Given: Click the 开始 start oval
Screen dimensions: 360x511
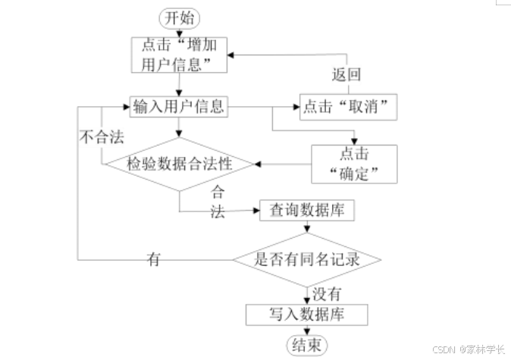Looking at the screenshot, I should (x=178, y=16).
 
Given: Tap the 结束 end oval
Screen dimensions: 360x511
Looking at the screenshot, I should (x=306, y=345).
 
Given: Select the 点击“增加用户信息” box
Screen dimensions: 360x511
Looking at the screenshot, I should (x=179, y=54).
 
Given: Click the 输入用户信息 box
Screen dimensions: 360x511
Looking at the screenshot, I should (x=179, y=106).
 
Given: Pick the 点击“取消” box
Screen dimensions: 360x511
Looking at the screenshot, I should (x=349, y=107).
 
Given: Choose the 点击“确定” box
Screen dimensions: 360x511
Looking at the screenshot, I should (x=355, y=163).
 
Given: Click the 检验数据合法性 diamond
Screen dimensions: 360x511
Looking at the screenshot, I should (x=179, y=163).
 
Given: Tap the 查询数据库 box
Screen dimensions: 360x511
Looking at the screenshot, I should (x=306, y=210).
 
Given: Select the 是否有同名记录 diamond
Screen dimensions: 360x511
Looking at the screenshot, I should (x=306, y=259).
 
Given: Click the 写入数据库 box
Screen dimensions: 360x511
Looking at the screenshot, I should (x=306, y=314).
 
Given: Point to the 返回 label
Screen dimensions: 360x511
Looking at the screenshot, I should (x=346, y=76).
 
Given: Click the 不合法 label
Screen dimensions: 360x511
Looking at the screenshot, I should (x=102, y=138).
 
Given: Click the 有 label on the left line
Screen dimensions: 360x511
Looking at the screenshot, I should (x=154, y=259).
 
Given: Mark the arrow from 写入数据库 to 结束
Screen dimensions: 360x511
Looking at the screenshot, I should (x=306, y=330).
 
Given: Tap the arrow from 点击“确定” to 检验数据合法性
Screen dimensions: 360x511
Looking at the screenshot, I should (x=284, y=163).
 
